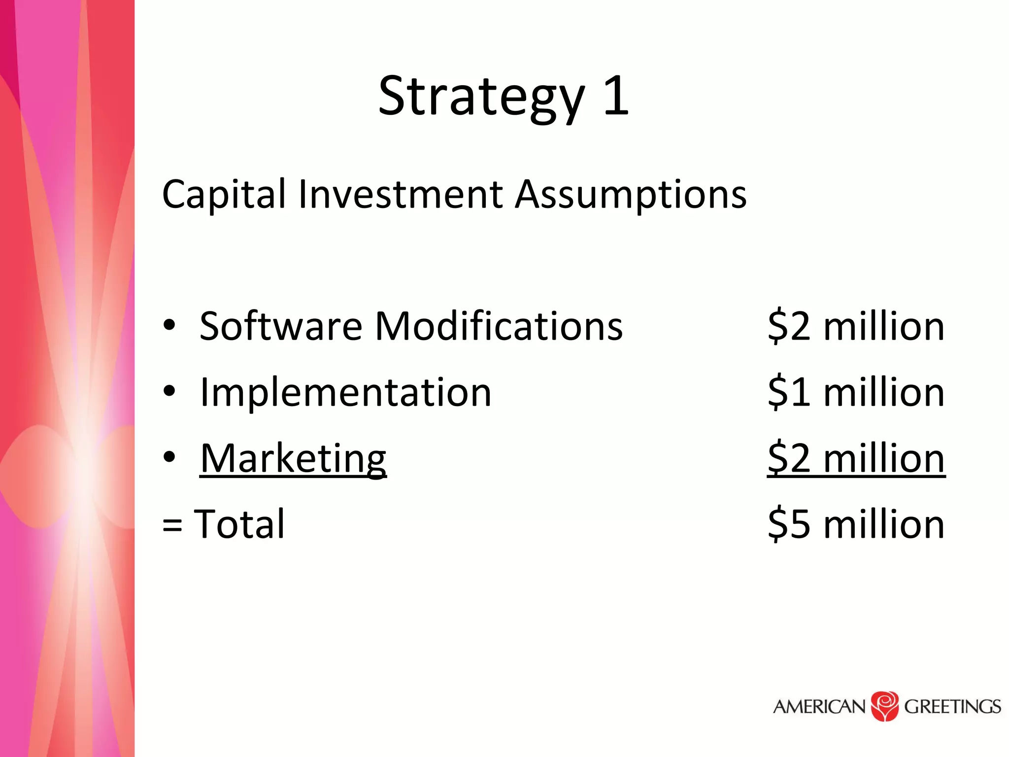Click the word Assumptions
point(631,195)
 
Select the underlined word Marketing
point(293,458)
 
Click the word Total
point(239,523)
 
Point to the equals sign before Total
point(172,525)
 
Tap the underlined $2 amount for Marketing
point(788,458)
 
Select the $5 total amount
point(788,523)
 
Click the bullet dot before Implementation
point(169,391)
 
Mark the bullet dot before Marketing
point(169,457)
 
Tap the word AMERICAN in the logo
point(819,707)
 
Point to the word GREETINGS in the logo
point(952,707)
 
